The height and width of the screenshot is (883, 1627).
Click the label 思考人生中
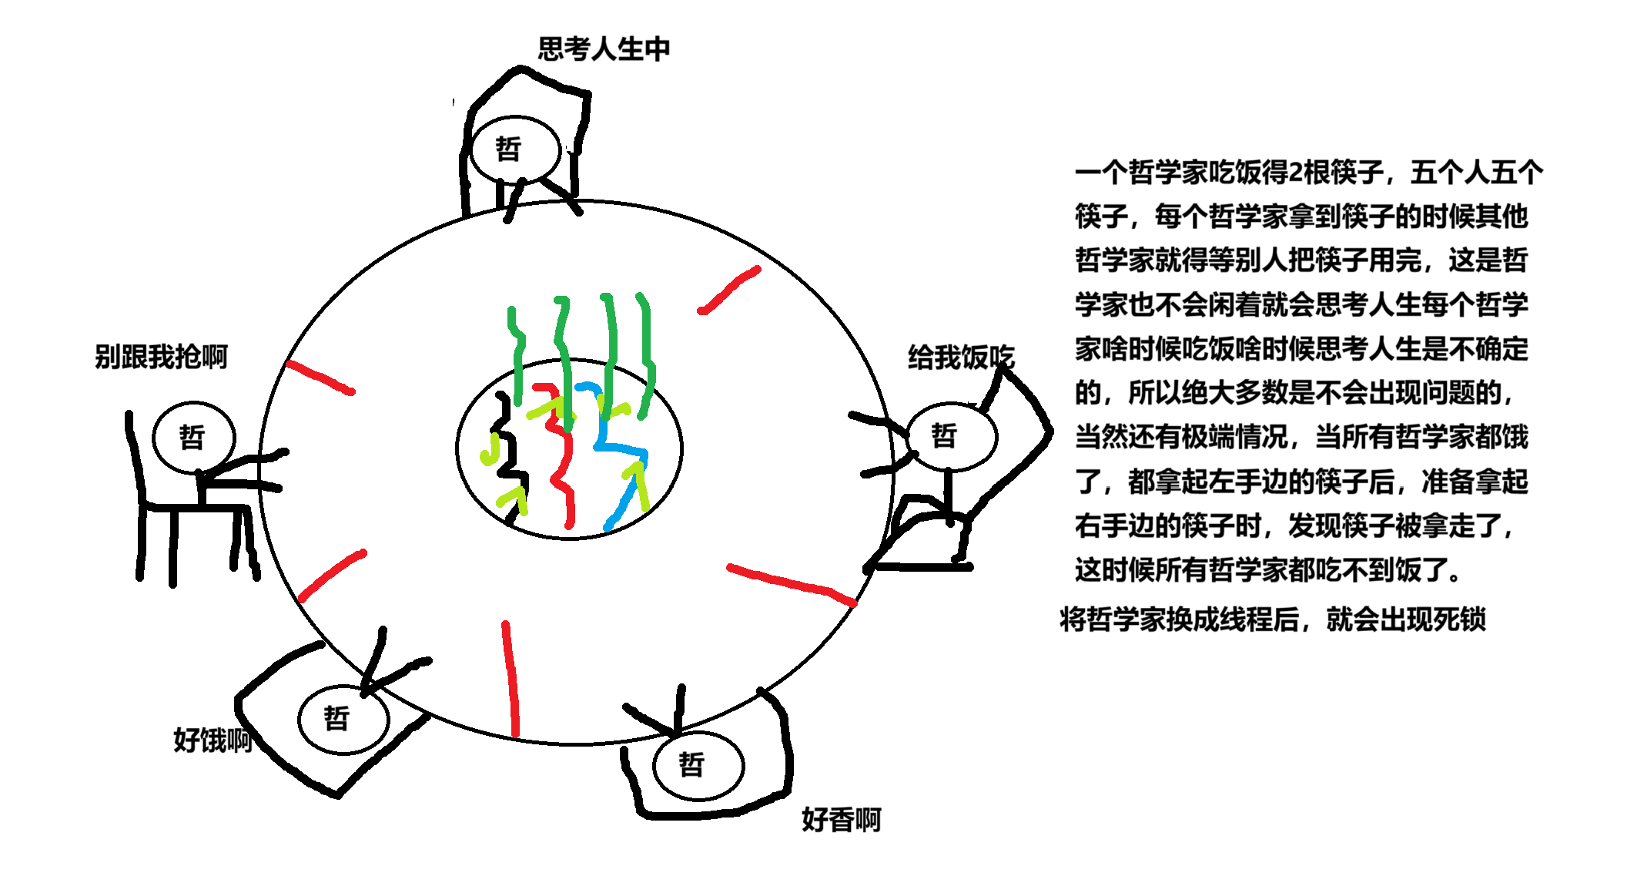(x=604, y=49)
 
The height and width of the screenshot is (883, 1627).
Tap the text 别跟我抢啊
(x=161, y=357)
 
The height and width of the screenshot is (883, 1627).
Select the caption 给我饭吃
(x=961, y=358)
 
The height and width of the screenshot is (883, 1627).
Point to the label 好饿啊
(x=213, y=740)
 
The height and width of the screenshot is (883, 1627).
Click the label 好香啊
(x=841, y=820)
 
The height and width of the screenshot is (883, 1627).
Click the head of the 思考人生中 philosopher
(x=515, y=149)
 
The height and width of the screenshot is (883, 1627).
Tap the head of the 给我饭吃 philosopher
(x=952, y=436)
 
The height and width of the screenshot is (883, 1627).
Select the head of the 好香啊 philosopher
(x=698, y=765)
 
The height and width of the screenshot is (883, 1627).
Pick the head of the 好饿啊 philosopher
(x=343, y=719)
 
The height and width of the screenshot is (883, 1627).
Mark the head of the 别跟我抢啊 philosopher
(x=193, y=437)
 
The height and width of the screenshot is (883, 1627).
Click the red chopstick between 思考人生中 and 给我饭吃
(x=728, y=290)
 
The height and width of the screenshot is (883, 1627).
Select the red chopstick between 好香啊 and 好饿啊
(x=511, y=678)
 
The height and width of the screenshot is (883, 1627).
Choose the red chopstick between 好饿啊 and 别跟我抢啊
(x=332, y=576)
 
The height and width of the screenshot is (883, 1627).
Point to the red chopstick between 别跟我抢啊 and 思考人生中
(x=320, y=378)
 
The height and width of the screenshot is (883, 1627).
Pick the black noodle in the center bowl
(x=508, y=455)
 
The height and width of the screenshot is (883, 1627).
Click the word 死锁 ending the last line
(x=1460, y=619)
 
